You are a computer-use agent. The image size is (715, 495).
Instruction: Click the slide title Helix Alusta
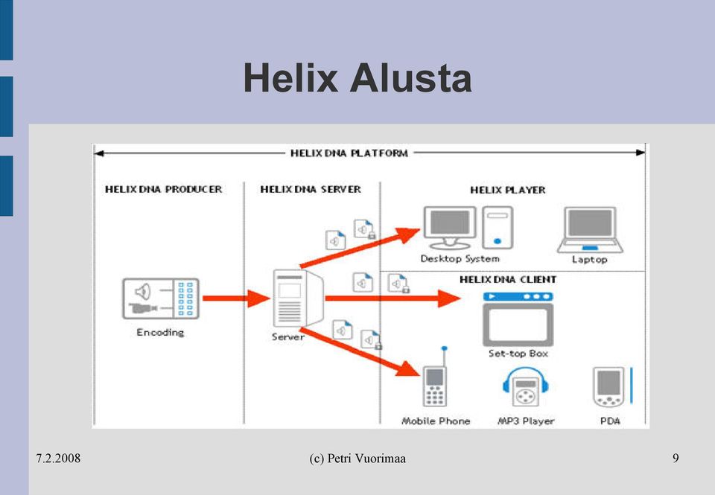tap(357, 78)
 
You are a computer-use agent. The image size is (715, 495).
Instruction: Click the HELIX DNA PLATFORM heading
tap(349, 153)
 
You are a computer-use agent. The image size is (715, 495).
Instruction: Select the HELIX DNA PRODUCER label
tap(163, 189)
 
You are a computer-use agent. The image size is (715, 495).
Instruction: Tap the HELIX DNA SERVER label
tap(310, 189)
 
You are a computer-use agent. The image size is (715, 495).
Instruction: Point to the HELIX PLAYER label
tap(507, 190)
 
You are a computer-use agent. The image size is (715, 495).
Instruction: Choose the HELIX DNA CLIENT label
tap(507, 279)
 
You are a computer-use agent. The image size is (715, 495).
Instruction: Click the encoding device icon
tap(161, 298)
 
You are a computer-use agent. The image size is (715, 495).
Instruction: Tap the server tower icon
tap(298, 298)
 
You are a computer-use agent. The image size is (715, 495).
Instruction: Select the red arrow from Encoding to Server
tap(236, 298)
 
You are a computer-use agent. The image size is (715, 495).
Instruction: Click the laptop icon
tap(590, 230)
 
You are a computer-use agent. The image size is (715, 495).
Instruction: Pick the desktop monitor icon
tap(450, 228)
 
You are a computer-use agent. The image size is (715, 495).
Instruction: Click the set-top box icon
tap(518, 319)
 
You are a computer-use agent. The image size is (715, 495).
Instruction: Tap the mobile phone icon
tap(434, 377)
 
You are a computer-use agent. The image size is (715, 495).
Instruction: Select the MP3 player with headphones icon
tap(525, 386)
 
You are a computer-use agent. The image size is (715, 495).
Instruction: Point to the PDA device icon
tap(611, 386)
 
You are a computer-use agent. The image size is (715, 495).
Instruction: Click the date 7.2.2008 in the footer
tap(58, 458)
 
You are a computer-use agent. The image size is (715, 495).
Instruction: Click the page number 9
tap(676, 458)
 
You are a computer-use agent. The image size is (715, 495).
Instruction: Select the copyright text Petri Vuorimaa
tap(366, 459)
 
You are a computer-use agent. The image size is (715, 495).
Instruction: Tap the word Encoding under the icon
tap(160, 332)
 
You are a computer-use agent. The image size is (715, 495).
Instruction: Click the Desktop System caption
tap(460, 259)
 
